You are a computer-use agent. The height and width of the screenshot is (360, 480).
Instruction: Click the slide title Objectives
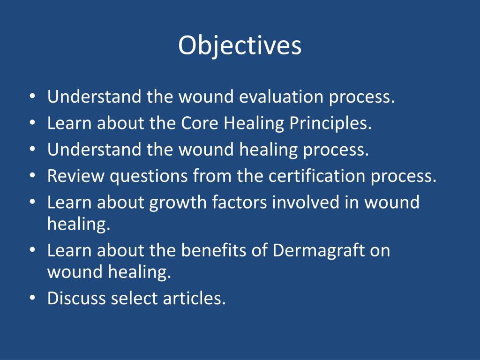(x=240, y=46)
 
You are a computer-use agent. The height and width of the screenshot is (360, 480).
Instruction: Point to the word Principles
(x=330, y=124)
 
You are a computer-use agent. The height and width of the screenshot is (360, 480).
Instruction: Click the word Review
(x=76, y=176)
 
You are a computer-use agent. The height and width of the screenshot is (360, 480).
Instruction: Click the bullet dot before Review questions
(x=32, y=177)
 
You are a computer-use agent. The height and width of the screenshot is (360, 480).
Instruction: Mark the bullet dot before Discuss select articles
(x=32, y=299)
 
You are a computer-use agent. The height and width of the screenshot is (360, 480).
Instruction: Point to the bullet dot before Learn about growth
(x=32, y=203)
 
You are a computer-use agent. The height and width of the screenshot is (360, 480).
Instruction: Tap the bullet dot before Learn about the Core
(x=32, y=124)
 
